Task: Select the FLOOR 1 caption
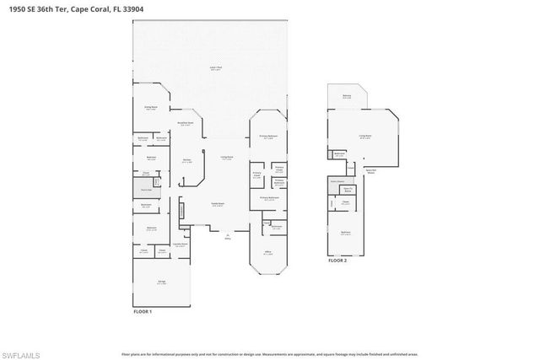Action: [x=143, y=311]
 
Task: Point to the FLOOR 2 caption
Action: [x=337, y=262]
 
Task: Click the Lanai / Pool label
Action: [x=216, y=67]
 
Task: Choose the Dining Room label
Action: [x=150, y=108]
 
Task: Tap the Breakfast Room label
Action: [x=186, y=123]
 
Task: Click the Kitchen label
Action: [x=187, y=161]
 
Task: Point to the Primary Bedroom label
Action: [x=268, y=137]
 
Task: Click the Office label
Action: [x=267, y=252]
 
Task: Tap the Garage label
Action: [x=160, y=283]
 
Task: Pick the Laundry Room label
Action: [x=180, y=245]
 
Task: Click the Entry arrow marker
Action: [x=227, y=236]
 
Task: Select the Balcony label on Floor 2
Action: [x=347, y=97]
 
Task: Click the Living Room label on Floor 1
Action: [x=227, y=158]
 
